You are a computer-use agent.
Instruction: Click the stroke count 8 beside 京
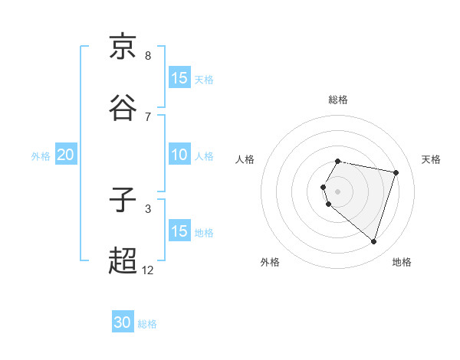point(148,56)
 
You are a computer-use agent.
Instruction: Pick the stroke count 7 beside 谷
point(148,116)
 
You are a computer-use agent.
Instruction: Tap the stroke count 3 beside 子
point(148,208)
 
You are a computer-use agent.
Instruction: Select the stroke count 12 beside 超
point(148,270)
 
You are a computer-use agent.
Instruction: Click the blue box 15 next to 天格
point(179,77)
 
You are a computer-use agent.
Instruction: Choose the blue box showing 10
point(179,155)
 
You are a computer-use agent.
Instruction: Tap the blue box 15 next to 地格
point(179,231)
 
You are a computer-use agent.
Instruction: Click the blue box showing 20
point(65,155)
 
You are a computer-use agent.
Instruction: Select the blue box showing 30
point(123,322)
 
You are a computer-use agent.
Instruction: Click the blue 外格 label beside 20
point(41,156)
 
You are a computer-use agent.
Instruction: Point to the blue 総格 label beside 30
point(147,324)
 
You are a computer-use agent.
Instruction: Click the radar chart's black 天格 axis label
point(431,159)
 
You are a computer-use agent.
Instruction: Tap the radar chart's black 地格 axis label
point(402,262)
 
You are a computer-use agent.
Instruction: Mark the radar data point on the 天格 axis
point(396,172)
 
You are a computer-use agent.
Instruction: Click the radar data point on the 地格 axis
point(373,241)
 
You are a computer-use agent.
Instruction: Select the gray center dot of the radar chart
point(338,191)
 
